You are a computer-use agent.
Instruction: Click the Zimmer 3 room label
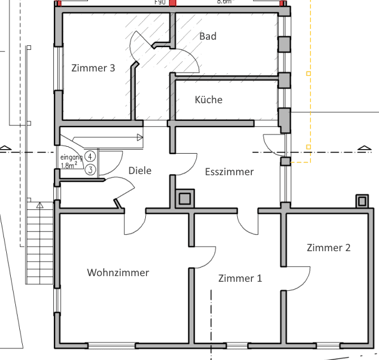[94, 68]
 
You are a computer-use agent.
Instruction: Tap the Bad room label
[208, 36]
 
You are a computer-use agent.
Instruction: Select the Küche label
[208, 100]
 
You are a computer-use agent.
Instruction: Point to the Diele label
[140, 170]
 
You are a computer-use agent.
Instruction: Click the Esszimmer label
[229, 172]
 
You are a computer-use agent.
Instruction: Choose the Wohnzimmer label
[118, 273]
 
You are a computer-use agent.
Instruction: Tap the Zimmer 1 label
[240, 278]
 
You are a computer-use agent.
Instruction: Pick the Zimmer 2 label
[329, 248]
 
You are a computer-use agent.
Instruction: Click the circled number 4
[90, 157]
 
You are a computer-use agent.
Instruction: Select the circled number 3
[90, 169]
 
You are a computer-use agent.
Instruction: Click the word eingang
[71, 157]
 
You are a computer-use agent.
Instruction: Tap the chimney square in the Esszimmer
[185, 198]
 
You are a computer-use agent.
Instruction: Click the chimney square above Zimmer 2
[361, 201]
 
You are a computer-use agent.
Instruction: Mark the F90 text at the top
[161, 2]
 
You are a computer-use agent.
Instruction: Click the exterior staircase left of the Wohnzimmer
[39, 244]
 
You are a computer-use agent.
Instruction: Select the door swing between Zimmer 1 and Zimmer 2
[298, 278]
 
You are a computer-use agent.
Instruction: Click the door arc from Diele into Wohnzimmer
[135, 225]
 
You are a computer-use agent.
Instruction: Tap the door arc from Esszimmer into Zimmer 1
[250, 225]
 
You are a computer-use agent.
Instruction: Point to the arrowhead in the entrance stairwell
[140, 137]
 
